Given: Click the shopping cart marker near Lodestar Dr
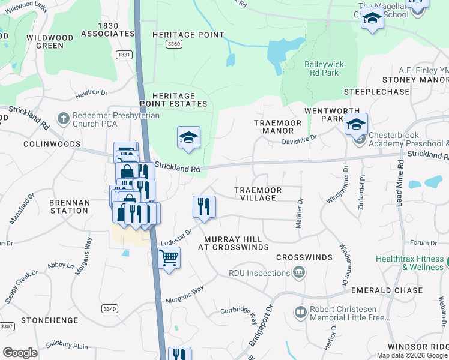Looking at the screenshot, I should pyautogui.click(x=169, y=258).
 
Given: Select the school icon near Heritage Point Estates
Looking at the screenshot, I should pyautogui.click(x=188, y=138).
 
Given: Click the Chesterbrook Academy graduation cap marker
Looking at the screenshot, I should pyautogui.click(x=356, y=125).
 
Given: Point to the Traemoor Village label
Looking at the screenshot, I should pyautogui.click(x=258, y=194).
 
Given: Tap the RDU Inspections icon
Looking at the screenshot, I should pyautogui.click(x=298, y=274).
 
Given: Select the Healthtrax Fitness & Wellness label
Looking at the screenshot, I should pyautogui.click(x=410, y=263).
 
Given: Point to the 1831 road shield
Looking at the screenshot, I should pyautogui.click(x=124, y=55).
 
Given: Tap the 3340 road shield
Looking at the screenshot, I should pyautogui.click(x=110, y=309).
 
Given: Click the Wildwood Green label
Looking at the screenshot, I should pyautogui.click(x=50, y=41).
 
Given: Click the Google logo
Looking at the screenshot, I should pyautogui.click(x=20, y=353).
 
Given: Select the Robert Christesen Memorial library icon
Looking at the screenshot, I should pyautogui.click(x=300, y=313).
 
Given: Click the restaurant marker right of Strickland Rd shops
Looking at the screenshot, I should pyautogui.click(x=204, y=207).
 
